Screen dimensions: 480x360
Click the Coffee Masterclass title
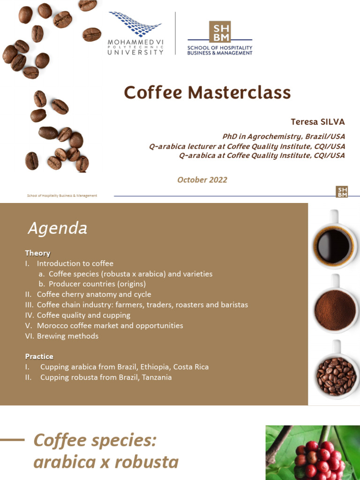point(207,93)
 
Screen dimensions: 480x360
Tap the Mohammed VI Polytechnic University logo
point(135,34)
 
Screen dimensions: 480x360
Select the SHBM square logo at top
point(220,31)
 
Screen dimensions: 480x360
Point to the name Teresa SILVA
point(317,122)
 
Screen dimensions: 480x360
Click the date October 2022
point(202,180)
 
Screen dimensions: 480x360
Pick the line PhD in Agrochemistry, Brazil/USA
point(284,136)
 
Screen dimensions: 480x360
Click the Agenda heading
point(57,228)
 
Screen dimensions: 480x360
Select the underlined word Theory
point(37,253)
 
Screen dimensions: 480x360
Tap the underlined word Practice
point(39,356)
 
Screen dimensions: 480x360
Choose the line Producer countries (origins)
point(97,284)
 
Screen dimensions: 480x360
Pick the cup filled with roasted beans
point(335,375)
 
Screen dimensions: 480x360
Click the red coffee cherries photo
point(313,452)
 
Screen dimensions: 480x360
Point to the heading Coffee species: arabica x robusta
point(106,451)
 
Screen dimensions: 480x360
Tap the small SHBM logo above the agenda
point(342,192)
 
